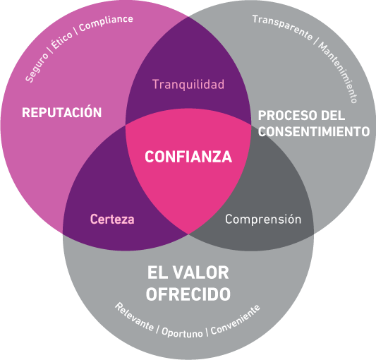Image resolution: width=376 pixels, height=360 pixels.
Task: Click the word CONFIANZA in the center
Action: (x=188, y=157)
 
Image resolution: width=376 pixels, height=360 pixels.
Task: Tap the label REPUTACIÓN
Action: (x=61, y=112)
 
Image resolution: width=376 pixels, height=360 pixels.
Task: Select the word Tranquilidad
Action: (x=188, y=84)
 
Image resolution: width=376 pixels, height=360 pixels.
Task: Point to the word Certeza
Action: (x=112, y=219)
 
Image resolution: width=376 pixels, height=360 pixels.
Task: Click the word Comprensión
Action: (x=263, y=219)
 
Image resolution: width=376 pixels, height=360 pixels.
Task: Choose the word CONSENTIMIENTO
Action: (x=314, y=131)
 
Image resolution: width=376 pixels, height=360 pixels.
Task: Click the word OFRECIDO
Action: (x=188, y=294)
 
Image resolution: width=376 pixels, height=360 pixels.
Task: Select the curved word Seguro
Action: (x=37, y=68)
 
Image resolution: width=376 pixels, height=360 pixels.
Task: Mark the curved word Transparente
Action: (x=283, y=27)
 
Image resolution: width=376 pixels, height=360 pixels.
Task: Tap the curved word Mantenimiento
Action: (x=338, y=72)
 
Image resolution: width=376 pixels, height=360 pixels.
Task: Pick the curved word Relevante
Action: (x=134, y=317)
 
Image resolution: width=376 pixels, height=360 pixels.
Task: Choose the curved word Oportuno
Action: (x=182, y=332)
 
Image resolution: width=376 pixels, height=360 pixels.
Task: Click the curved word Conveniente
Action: (x=236, y=320)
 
